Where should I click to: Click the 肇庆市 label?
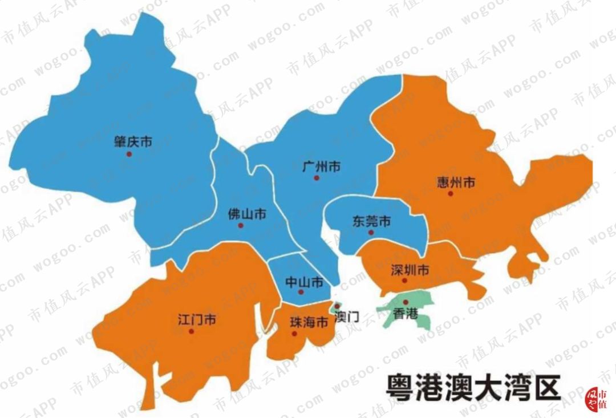pyautogui.click(x=133, y=142)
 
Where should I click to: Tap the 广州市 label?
pyautogui.click(x=321, y=167)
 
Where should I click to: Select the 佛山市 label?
pyautogui.click(x=246, y=214)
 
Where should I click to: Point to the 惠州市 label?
pyautogui.click(x=455, y=183)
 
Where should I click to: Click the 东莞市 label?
pyautogui.click(x=371, y=221)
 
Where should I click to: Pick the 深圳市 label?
pyautogui.click(x=410, y=270)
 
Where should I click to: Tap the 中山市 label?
pyautogui.click(x=305, y=282)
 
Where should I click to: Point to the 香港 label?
pyautogui.click(x=406, y=313)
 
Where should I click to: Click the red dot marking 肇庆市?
pyautogui.click(x=129, y=154)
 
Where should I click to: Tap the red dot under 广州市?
pyautogui.click(x=316, y=178)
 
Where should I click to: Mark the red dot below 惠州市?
pyautogui.click(x=450, y=194)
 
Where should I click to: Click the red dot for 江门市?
pyautogui.click(x=191, y=331)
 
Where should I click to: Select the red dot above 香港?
pyautogui.click(x=406, y=302)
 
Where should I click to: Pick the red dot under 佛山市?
pyautogui.click(x=240, y=226)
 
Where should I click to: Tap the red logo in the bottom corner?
pyautogui.click(x=597, y=399)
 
